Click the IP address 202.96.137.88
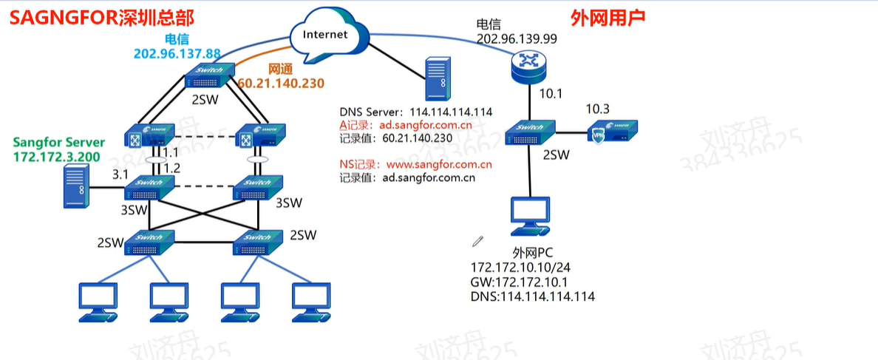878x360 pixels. tap(177, 53)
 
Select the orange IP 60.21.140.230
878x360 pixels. tap(281, 84)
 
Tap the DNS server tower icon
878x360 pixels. tap(435, 79)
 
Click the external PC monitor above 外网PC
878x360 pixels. tap(530, 215)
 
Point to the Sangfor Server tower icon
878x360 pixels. tap(75, 185)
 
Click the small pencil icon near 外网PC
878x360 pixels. tap(478, 241)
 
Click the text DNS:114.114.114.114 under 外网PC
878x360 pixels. tap(532, 296)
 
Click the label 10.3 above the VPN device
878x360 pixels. tap(598, 109)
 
